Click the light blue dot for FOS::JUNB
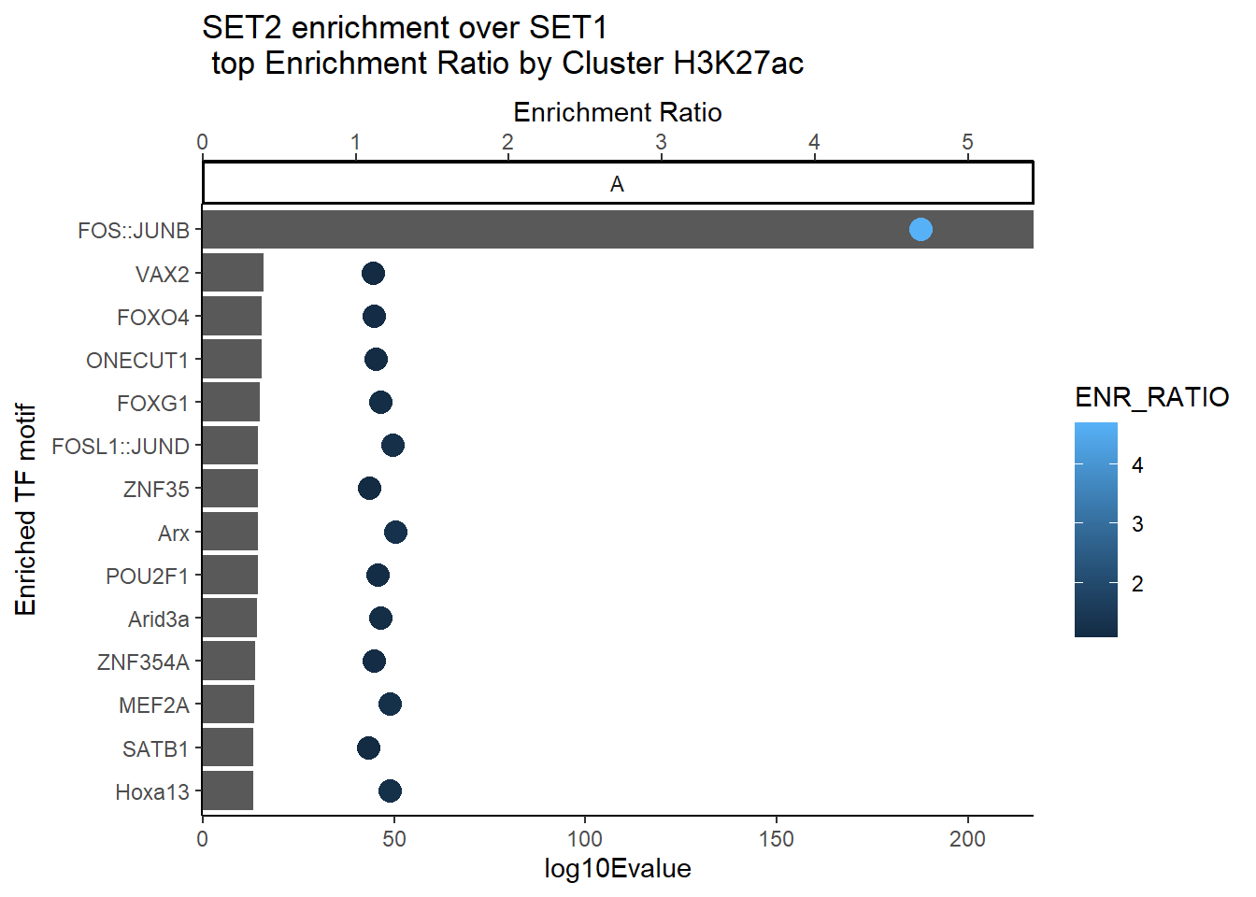(x=921, y=229)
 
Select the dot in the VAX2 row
(x=373, y=273)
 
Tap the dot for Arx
(x=395, y=533)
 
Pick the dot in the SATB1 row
(x=368, y=747)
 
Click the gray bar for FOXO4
(x=232, y=317)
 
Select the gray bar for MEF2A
(x=228, y=705)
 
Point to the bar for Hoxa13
(x=227, y=790)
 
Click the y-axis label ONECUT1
(x=137, y=361)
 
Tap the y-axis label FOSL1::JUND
(x=121, y=447)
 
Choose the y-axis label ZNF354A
(x=143, y=662)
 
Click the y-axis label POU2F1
(x=148, y=577)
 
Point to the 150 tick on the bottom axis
(x=777, y=839)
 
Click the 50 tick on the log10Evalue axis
(x=394, y=839)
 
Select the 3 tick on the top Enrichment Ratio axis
(x=661, y=142)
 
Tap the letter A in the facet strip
(x=617, y=184)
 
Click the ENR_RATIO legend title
(x=1151, y=398)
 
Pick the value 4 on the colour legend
(x=1137, y=465)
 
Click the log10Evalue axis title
(x=618, y=869)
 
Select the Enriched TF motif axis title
(x=26, y=510)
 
